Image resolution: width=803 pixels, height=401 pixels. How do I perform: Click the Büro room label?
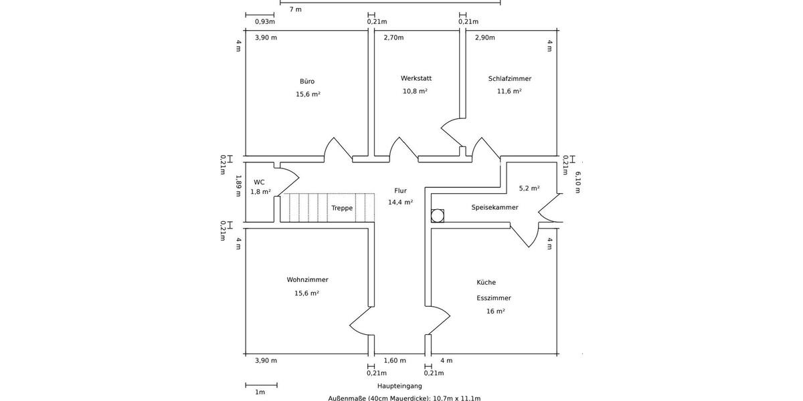307,82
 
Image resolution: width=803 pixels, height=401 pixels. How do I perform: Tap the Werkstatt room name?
416,78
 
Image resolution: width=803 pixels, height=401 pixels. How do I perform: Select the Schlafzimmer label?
509,78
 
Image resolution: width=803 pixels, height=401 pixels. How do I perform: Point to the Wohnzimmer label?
307,279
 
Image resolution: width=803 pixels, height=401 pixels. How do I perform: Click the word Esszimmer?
494,298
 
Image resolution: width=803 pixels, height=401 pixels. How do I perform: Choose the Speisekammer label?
495,207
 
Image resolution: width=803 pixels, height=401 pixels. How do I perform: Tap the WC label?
259,182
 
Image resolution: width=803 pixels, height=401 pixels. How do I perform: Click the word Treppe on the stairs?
342,208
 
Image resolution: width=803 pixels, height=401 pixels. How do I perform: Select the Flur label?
400,191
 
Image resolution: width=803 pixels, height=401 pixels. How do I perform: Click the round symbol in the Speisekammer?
438,216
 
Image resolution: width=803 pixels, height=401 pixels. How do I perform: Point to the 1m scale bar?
262,385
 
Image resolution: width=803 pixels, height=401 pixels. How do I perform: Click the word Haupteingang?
399,386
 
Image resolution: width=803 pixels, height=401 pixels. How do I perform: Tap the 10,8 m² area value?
415,91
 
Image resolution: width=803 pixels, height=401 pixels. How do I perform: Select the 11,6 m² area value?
509,91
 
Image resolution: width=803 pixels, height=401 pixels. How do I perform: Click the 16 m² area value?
495,311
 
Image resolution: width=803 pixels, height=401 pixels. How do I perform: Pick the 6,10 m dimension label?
577,182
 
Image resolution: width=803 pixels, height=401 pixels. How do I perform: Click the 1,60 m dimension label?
395,360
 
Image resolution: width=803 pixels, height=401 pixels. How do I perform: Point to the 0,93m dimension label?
265,21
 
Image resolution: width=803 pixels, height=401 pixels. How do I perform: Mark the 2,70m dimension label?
393,37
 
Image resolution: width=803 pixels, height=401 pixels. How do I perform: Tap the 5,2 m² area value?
529,188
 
